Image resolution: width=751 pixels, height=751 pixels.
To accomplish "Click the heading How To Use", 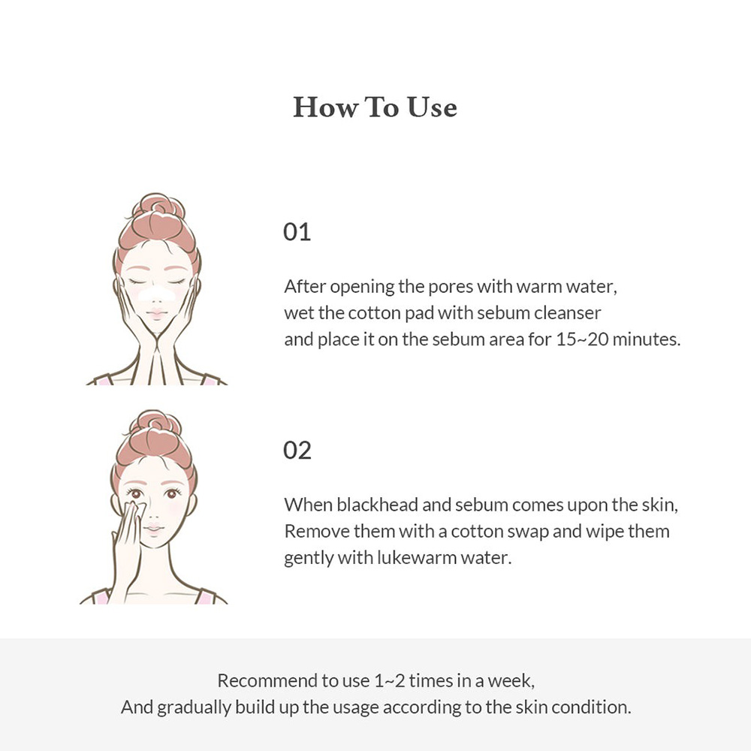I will click(375, 107).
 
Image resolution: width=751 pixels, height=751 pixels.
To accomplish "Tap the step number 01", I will click(297, 232).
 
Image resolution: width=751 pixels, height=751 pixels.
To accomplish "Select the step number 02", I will click(297, 451).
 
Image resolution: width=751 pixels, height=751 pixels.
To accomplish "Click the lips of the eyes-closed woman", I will click(156, 313).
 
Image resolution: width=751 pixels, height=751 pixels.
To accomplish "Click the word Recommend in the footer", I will click(267, 681).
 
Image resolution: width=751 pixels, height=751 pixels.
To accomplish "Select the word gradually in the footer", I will click(195, 707).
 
